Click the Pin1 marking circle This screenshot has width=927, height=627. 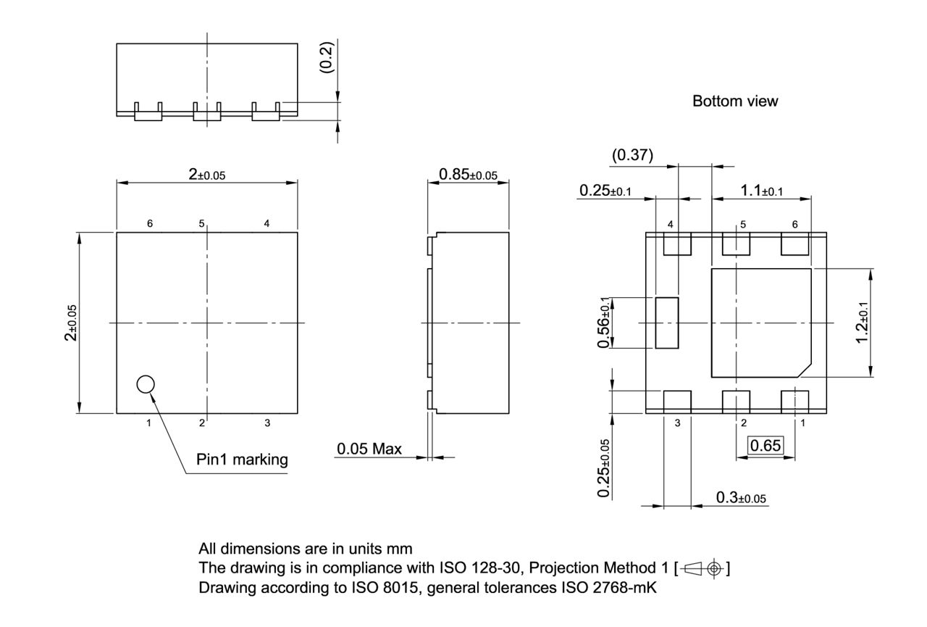146,384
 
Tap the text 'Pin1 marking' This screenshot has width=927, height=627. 242,459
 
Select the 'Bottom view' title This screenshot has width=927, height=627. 735,101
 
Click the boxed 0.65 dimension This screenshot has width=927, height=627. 765,445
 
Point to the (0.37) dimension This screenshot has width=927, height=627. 632,154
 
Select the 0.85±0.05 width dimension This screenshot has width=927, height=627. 468,174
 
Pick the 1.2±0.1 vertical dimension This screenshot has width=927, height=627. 862,322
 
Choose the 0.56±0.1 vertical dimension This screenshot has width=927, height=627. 603,323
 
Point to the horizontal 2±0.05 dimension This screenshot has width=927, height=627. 207,174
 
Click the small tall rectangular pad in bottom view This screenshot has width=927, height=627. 666,323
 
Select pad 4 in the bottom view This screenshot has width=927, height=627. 677,244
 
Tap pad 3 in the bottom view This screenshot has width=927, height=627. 677,401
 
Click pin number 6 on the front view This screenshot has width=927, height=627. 150,224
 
